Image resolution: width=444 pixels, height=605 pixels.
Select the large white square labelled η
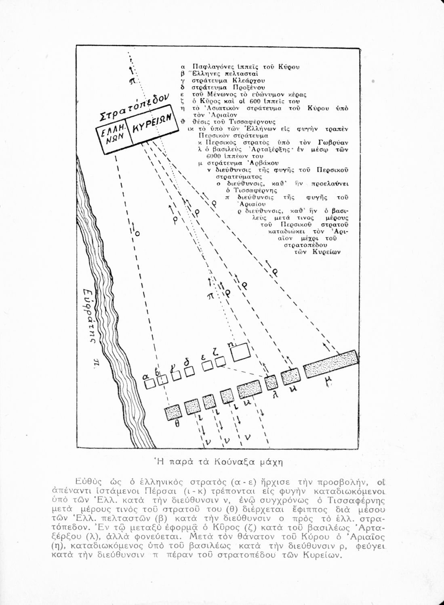coord(241,353)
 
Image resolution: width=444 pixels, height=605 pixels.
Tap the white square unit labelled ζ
coord(220,362)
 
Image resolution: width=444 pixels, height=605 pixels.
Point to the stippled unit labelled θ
coord(173,413)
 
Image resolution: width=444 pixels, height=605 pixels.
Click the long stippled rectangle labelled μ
coord(330,364)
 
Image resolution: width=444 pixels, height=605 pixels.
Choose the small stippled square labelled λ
coord(271,382)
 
